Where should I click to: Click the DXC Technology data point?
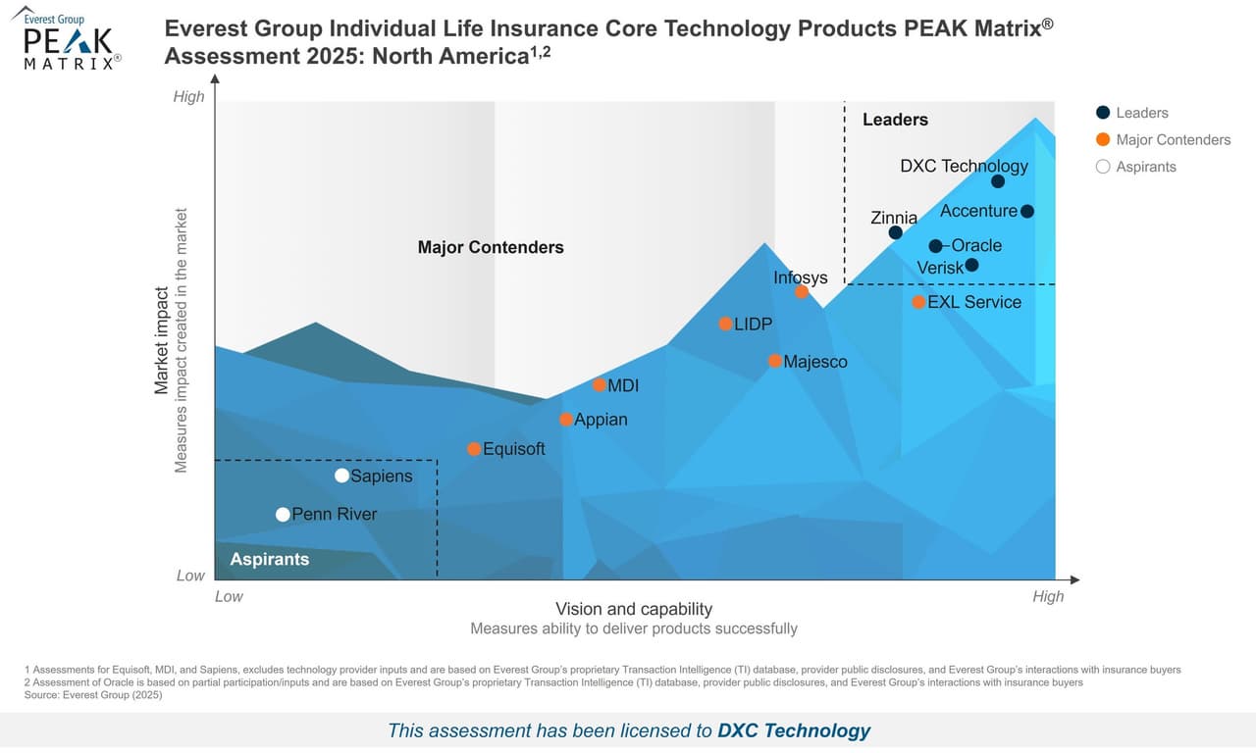(998, 181)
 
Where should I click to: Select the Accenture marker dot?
(1026, 211)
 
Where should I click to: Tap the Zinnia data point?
(895, 232)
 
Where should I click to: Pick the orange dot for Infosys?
(802, 291)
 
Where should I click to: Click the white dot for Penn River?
(283, 514)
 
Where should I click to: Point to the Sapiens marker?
(341, 476)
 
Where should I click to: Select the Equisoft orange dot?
(474, 449)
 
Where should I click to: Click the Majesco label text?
(814, 362)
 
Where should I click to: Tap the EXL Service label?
(973, 302)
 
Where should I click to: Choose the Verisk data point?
(971, 265)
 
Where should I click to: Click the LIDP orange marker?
(725, 324)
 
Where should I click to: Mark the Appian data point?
(566, 420)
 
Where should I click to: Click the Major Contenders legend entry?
(1173, 139)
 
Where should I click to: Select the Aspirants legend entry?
(1145, 167)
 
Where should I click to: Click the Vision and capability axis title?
(634, 609)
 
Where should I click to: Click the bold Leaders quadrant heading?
(895, 120)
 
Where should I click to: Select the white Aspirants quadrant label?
(269, 559)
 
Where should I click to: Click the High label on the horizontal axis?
(1047, 596)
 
